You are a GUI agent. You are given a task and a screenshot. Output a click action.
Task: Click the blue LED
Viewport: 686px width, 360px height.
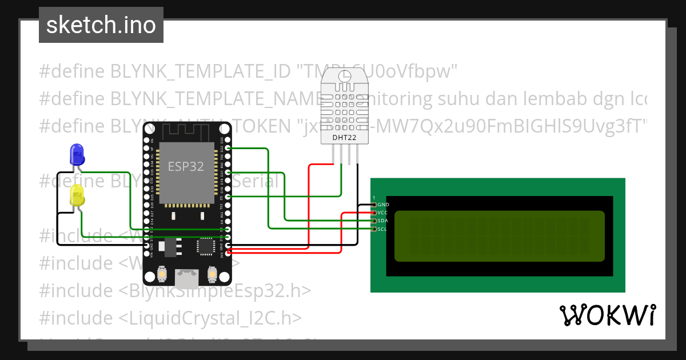[x=76, y=154]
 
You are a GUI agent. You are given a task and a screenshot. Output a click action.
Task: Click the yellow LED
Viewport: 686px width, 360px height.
[x=77, y=196]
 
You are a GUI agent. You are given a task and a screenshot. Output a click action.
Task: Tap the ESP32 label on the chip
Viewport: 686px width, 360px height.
[x=186, y=166]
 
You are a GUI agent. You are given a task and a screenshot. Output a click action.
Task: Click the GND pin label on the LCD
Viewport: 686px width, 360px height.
[x=383, y=205]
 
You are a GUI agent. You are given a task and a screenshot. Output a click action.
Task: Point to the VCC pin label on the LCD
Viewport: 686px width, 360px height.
[x=383, y=213]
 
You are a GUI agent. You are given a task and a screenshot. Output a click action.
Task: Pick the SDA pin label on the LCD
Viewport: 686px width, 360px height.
[x=383, y=221]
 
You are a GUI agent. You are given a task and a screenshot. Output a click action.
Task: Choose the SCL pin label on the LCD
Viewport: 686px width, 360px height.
[x=383, y=229]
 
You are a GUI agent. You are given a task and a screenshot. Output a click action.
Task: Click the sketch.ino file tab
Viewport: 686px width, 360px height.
[x=101, y=25]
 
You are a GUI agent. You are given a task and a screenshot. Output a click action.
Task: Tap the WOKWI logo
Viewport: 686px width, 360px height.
[x=607, y=315]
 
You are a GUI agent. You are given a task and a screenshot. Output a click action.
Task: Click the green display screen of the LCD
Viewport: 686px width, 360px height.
[x=499, y=236]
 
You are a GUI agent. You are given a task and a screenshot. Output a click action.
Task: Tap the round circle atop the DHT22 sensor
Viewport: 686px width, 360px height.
[x=345, y=76]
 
